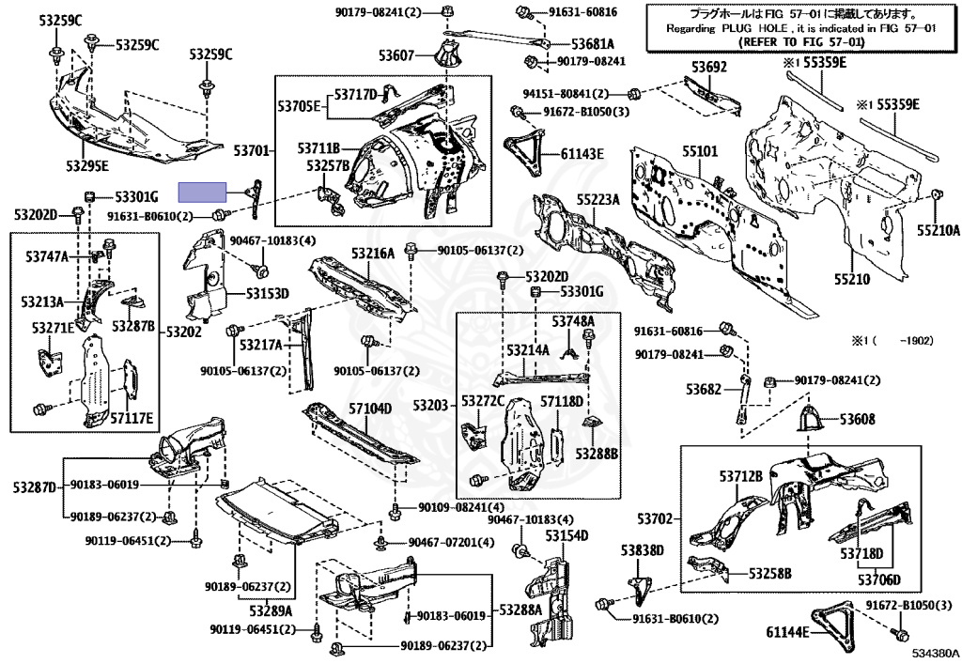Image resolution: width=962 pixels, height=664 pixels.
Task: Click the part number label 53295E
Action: pos(86,166)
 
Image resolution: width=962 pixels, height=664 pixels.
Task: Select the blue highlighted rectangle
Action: pos(204,193)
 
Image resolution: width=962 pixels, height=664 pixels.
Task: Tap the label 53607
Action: pos(397,55)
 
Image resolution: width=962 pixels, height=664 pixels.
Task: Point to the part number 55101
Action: pos(700,150)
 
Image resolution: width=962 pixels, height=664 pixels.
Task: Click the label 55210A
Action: pos(939,229)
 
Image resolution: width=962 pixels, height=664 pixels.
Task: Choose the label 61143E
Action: pos(582,153)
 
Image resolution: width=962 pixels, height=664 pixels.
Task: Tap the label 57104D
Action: pos(370,409)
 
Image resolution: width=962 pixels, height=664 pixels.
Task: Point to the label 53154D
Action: pos(567,535)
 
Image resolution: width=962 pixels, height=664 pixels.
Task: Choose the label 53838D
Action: pos(642,549)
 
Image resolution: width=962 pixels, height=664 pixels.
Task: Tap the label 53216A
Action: pos(373,254)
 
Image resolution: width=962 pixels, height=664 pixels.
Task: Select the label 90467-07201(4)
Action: pos(450,543)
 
